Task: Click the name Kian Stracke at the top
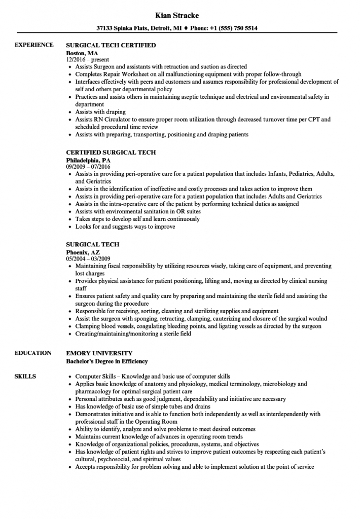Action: pyautogui.click(x=180, y=15)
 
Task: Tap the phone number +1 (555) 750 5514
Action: pyautogui.click(x=231, y=29)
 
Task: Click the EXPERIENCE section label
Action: pyautogui.click(x=34, y=45)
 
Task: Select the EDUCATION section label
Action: pyautogui.click(x=33, y=353)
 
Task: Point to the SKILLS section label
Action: pyautogui.click(x=25, y=377)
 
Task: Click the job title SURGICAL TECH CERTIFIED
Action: pyautogui.click(x=111, y=45)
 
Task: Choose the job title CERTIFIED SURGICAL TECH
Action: pyautogui.click(x=111, y=152)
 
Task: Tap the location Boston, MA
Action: pyautogui.click(x=82, y=53)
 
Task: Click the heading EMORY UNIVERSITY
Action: pyautogui.click(x=99, y=353)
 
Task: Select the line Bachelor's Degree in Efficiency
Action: pyautogui.click(x=107, y=361)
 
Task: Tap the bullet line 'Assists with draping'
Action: pyautogui.click(x=100, y=112)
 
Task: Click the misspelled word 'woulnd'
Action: pyautogui.click(x=317, y=319)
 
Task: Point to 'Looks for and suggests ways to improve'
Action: pyautogui.click(x=125, y=227)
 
